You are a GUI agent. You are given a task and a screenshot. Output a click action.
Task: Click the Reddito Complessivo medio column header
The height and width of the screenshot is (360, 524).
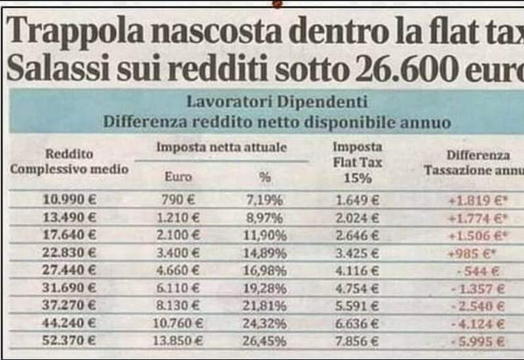(x=69, y=162)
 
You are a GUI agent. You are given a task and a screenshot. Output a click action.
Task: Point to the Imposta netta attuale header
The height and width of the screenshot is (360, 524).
(x=221, y=148)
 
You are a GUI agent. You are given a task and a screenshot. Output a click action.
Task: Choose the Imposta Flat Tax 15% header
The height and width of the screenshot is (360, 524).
(x=357, y=162)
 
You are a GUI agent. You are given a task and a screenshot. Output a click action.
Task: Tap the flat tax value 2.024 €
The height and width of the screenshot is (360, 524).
(x=358, y=217)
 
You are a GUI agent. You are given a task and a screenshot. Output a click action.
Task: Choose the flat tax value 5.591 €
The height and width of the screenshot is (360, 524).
(x=358, y=306)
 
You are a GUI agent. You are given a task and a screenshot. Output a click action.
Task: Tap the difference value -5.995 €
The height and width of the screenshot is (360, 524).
(x=480, y=341)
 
